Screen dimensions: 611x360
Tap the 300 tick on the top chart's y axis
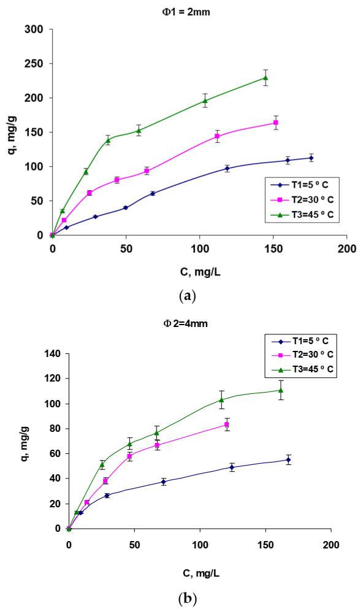point(35,29)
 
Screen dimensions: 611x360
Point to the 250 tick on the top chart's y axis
point(35,64)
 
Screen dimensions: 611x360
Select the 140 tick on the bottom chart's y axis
point(52,353)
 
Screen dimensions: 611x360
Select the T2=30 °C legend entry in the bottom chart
point(300,355)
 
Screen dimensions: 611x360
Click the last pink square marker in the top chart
point(276,123)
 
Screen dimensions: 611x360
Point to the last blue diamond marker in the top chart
point(311,158)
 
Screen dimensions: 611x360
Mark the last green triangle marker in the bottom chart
point(281,390)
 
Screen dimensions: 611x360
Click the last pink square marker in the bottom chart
point(227,425)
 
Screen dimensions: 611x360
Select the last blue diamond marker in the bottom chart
point(288,459)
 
